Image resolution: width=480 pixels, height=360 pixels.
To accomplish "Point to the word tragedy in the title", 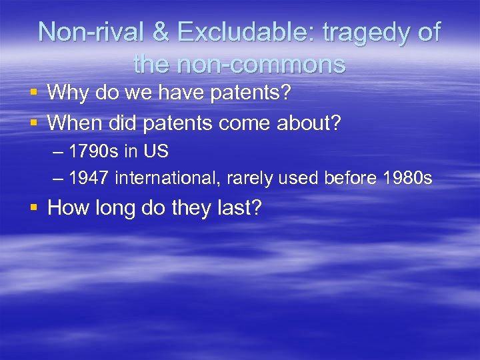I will click(x=365, y=33).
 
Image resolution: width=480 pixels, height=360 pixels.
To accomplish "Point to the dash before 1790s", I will click(x=57, y=152).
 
